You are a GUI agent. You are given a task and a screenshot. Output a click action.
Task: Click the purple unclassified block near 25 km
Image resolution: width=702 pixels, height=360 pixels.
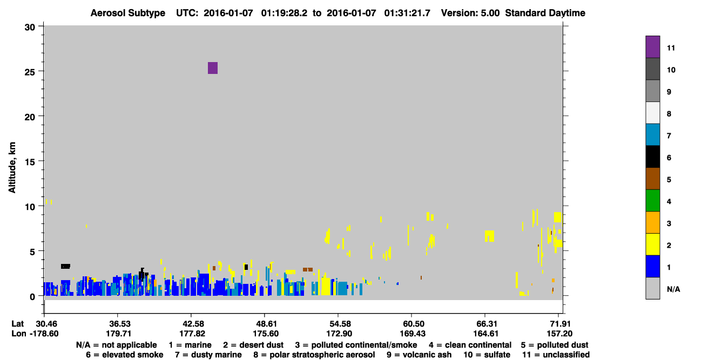(212, 68)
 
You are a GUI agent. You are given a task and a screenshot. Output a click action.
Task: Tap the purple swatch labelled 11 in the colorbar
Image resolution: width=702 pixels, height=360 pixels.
(652, 46)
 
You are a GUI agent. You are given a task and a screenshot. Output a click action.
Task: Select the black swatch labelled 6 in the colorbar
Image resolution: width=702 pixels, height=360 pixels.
(652, 157)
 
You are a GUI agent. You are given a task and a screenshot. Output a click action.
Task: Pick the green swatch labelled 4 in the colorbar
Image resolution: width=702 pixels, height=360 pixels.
(652, 201)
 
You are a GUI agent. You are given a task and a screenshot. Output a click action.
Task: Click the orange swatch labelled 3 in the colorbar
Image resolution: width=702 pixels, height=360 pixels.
(652, 222)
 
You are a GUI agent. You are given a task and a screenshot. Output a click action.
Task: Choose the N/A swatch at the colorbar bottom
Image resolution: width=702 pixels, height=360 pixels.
(652, 288)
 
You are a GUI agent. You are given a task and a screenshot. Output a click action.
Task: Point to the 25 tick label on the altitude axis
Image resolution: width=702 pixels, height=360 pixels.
(30, 72)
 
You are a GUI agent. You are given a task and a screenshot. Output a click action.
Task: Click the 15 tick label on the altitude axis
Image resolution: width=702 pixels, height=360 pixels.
(30, 162)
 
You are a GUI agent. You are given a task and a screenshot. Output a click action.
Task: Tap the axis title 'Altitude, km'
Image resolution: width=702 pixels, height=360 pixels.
(12, 167)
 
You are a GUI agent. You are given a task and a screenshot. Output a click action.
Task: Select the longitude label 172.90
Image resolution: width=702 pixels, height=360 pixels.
(339, 334)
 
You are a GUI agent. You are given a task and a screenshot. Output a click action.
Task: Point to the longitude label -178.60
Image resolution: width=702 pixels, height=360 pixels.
(44, 334)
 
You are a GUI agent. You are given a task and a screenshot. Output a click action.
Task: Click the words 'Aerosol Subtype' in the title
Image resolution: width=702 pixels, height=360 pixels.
(128, 13)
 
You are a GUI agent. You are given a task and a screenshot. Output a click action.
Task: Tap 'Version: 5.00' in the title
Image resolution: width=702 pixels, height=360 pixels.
(470, 13)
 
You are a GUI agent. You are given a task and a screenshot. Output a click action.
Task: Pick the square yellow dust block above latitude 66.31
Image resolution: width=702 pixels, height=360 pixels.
(489, 236)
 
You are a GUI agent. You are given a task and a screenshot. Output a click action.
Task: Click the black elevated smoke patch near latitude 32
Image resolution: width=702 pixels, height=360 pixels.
(65, 266)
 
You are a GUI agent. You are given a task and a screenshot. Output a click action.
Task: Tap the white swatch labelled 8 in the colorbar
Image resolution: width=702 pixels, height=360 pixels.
(652, 113)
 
